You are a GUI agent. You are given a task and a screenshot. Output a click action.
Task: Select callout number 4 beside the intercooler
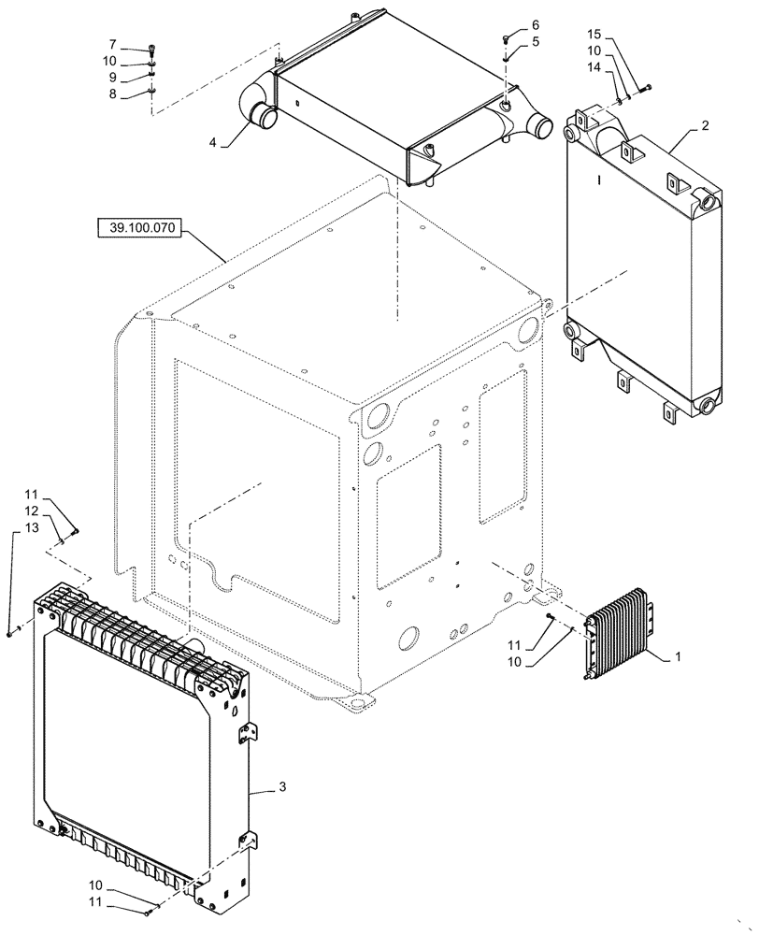coord(213,142)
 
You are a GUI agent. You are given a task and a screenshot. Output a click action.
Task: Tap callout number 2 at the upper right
coord(705,123)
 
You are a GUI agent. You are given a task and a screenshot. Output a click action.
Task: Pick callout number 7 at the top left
coord(112,44)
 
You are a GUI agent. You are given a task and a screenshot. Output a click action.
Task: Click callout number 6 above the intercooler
coord(535,25)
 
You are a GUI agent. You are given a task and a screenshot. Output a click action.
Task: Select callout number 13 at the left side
coord(32,528)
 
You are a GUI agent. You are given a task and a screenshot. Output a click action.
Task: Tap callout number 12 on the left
coord(32,511)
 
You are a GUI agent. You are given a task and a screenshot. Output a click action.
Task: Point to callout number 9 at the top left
coord(112,77)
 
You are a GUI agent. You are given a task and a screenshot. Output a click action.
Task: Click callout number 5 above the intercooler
coord(535,41)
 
